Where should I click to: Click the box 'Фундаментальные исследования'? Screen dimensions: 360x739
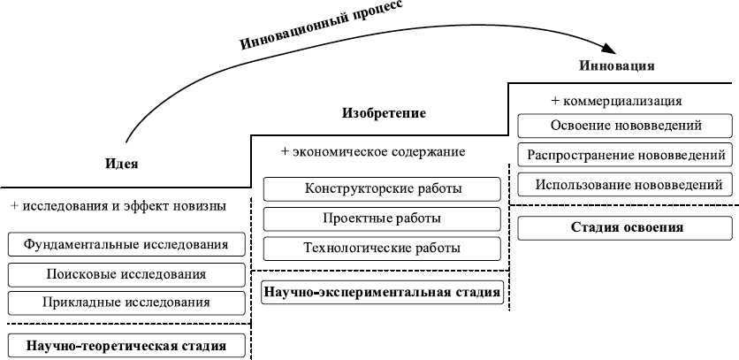pyautogui.click(x=126, y=244)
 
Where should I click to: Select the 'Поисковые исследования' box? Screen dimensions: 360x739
pyautogui.click(x=126, y=274)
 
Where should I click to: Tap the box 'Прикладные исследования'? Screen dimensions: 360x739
pyautogui.click(x=126, y=303)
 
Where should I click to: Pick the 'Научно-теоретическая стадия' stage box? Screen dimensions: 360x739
pyautogui.click(x=126, y=345)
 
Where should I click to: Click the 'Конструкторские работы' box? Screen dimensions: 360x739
pyautogui.click(x=382, y=188)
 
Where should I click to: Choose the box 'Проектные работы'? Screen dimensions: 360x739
pyautogui.click(x=382, y=218)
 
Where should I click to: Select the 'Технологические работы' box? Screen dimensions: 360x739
pyautogui.click(x=382, y=249)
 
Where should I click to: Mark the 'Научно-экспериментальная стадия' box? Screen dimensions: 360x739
pyautogui.click(x=382, y=291)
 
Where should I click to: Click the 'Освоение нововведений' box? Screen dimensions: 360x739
pyautogui.click(x=625, y=126)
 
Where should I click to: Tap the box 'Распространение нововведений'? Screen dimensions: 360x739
pyautogui.click(x=625, y=156)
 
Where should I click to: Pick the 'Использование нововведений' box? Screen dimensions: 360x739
pyautogui.click(x=625, y=185)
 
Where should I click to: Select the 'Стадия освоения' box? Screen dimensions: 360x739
pyautogui.click(x=625, y=227)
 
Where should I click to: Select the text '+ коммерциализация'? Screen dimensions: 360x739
pyautogui.click(x=616, y=101)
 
